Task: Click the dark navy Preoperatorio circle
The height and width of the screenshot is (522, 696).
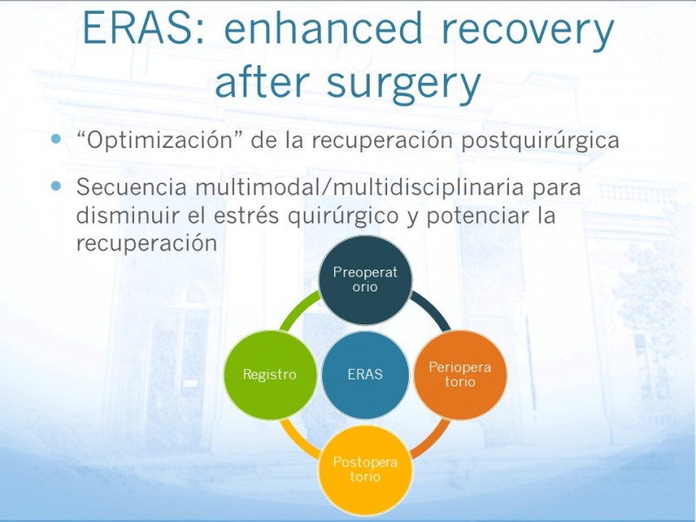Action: click(365, 280)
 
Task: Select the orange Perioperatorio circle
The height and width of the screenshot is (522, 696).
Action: click(460, 375)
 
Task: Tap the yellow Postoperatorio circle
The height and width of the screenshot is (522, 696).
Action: click(365, 470)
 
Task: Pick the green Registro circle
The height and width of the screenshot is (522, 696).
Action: click(270, 375)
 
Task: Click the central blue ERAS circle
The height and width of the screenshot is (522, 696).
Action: click(365, 375)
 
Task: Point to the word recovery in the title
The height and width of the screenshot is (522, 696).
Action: click(528, 30)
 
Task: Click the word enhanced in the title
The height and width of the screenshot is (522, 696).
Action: click(324, 28)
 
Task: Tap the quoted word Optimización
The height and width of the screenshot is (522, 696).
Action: click(156, 141)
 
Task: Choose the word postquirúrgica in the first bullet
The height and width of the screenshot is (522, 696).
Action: click(540, 141)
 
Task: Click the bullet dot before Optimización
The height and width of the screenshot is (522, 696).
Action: click(56, 139)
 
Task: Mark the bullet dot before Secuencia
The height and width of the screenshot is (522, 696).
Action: click(56, 186)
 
